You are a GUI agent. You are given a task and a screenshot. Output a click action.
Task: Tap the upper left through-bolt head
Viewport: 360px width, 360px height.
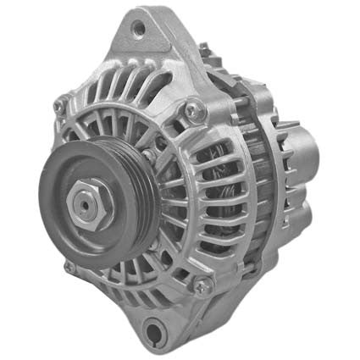point(60,108)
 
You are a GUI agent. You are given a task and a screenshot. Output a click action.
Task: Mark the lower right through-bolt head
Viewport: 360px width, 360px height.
point(203,285)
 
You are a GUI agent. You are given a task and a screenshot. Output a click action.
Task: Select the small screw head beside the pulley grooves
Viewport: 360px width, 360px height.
point(151,158)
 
